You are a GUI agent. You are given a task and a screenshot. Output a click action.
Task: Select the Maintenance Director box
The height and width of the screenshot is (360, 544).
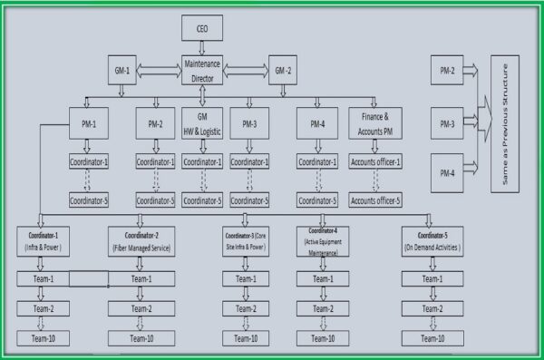[x=201, y=70]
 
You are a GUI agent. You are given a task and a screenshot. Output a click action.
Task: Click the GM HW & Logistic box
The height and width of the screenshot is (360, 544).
[x=201, y=122]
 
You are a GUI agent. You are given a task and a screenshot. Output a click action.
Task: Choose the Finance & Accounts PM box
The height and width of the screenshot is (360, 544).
[x=374, y=122]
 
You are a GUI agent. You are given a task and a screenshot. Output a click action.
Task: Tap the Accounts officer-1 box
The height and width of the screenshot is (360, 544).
[x=374, y=162]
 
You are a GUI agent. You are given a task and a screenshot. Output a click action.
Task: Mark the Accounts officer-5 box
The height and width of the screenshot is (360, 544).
[x=374, y=200]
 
